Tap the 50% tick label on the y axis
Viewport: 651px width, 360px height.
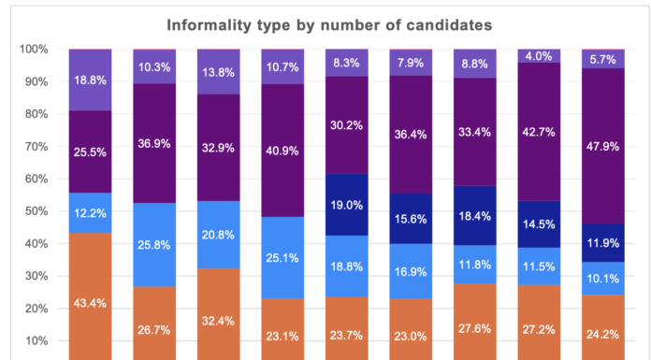point(36,211)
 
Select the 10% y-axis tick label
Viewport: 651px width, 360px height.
point(36,340)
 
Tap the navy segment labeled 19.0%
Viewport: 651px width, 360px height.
point(346,204)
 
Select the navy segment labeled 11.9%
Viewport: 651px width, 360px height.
point(602,242)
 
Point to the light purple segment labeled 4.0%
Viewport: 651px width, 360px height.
point(539,56)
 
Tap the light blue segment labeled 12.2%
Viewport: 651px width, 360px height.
point(90,212)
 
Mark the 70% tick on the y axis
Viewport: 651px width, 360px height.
point(36,146)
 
